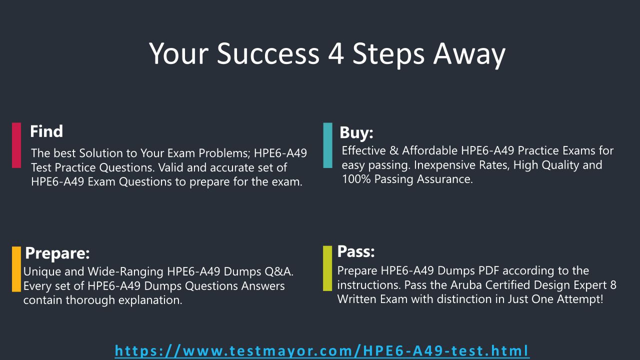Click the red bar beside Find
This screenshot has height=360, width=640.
pos(16,145)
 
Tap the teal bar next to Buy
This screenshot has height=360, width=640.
pos(327,145)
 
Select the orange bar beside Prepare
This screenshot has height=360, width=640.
pos(16,269)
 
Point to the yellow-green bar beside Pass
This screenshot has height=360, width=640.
pos(327,268)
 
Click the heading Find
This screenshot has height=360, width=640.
pos(46,131)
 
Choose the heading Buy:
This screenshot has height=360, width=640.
pos(356,133)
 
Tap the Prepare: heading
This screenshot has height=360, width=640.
pos(57,253)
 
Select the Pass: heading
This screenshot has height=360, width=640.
pos(355,251)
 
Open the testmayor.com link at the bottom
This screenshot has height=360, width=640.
pos(322,351)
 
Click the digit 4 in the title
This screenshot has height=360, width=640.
pos(336,53)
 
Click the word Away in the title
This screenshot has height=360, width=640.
pos(469,55)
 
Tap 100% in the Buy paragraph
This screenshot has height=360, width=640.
pos(356,179)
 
